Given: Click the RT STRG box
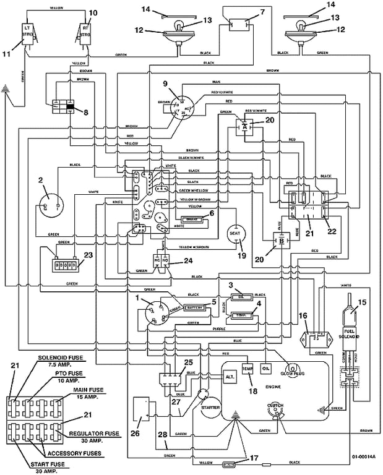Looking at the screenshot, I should point(85,31).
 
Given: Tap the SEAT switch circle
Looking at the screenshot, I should point(233,233).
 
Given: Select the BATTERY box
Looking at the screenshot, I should point(195,307).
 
